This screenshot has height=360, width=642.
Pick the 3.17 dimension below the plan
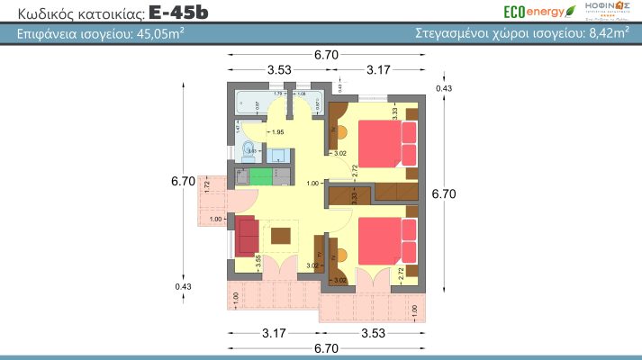pyautogui.click(x=275, y=333)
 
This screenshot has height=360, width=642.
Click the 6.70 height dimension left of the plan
pyautogui.click(x=183, y=180)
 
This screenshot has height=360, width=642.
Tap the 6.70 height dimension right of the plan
pyautogui.click(x=444, y=193)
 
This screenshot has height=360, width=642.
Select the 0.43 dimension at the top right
pyautogui.click(x=443, y=88)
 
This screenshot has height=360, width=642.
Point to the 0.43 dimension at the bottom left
pyautogui.click(x=184, y=287)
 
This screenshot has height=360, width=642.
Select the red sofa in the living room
pyautogui.click(x=246, y=237)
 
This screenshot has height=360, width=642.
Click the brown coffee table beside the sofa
pyautogui.click(x=281, y=236)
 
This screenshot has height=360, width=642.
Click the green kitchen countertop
pyautogui.click(x=261, y=175)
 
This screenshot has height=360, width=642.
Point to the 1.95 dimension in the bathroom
pyautogui.click(x=265, y=133)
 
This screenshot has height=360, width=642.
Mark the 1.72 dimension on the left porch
pyautogui.click(x=208, y=185)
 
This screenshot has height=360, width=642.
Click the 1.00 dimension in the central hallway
pyautogui.click(x=312, y=184)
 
